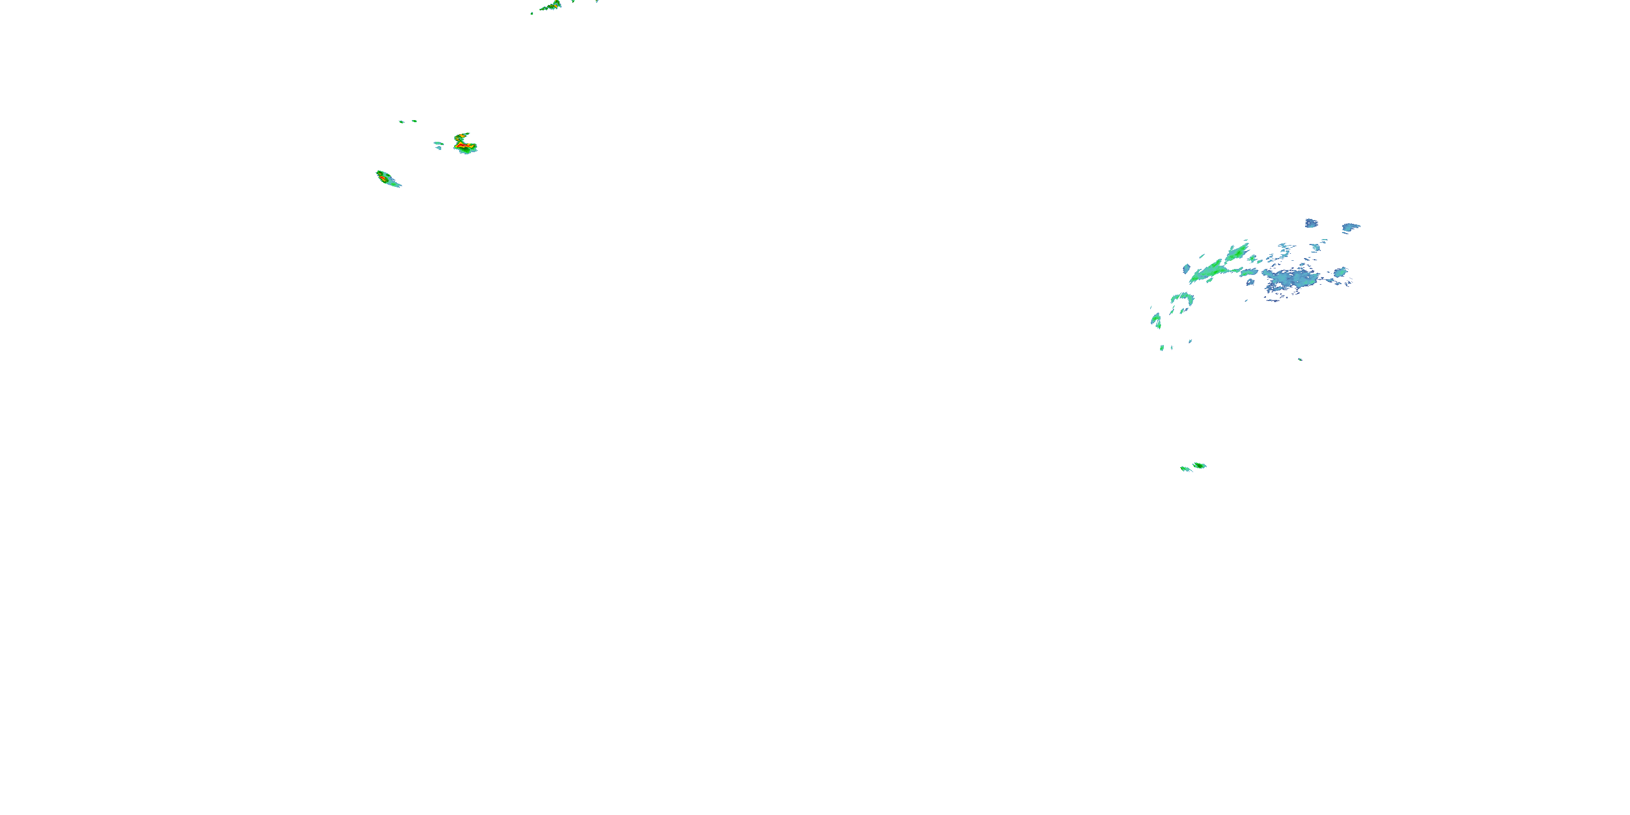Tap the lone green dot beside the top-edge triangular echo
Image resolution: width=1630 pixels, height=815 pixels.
click(x=532, y=12)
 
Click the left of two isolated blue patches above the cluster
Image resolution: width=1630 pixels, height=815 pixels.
click(x=1311, y=223)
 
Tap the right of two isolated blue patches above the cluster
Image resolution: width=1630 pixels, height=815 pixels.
click(x=1351, y=227)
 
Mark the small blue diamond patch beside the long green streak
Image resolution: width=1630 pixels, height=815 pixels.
click(x=1187, y=269)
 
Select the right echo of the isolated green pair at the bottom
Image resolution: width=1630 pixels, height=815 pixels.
click(x=1199, y=466)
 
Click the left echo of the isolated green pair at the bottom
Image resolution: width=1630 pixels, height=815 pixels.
click(x=1185, y=469)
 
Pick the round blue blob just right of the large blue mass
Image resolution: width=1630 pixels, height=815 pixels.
click(x=1341, y=273)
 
